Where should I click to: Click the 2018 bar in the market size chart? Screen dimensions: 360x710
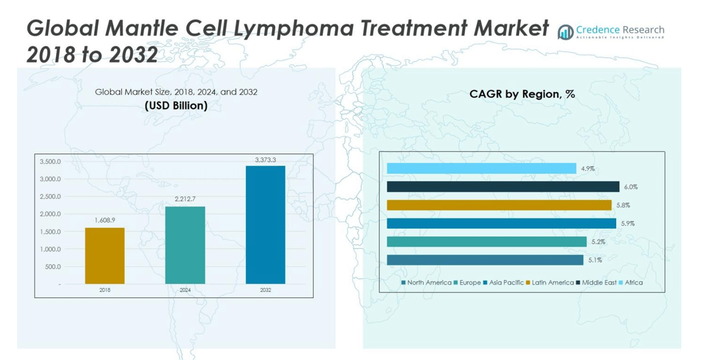point(105,256)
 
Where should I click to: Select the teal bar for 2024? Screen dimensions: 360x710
point(185,245)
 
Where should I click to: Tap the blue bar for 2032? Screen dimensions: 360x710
point(265,225)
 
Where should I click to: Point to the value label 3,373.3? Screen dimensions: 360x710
point(265,160)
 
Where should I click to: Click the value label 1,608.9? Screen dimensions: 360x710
point(105,220)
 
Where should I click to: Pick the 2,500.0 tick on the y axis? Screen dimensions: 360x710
point(50,197)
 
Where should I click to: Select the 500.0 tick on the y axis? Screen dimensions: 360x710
point(52,267)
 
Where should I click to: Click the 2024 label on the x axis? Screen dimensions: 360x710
point(185,291)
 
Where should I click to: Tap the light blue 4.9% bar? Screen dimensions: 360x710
point(481,168)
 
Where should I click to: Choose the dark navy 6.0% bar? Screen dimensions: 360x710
point(503,186)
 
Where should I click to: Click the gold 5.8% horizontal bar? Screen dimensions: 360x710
point(499,205)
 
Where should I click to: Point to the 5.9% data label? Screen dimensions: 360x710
point(628,224)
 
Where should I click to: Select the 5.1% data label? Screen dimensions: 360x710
point(595,260)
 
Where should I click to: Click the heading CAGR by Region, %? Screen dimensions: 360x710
point(522,94)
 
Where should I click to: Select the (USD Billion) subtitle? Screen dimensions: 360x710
point(176,105)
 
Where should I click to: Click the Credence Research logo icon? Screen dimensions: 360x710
point(566,32)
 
